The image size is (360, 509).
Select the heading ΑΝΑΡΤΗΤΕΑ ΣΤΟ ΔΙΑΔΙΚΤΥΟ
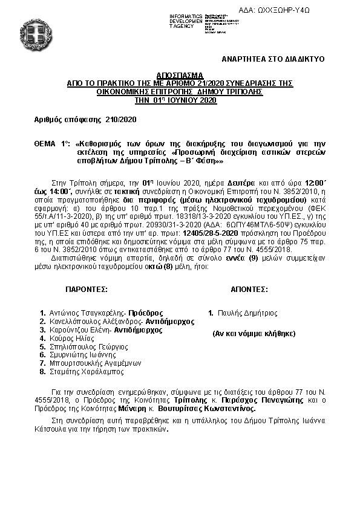click(x=274, y=59)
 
